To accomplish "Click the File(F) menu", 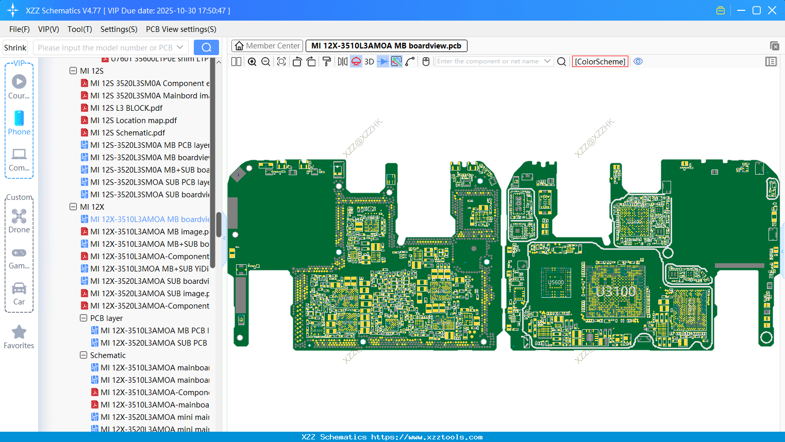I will (19, 29).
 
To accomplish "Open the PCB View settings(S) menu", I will (181, 29).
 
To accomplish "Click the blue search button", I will (206, 47).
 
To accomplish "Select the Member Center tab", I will (268, 46).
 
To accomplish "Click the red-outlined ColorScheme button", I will (600, 62).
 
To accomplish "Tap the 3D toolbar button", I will (369, 62).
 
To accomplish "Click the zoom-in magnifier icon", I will (252, 62).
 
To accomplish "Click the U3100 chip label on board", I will (615, 292).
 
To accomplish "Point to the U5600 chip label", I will (556, 282).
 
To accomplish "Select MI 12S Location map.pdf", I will (133, 120).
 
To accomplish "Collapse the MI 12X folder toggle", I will (73, 207).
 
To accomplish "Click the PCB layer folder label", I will (106, 318).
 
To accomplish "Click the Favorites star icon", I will (19, 332).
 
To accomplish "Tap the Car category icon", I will (19, 288).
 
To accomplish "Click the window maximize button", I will (756, 10).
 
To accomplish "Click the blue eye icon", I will (638, 61).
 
